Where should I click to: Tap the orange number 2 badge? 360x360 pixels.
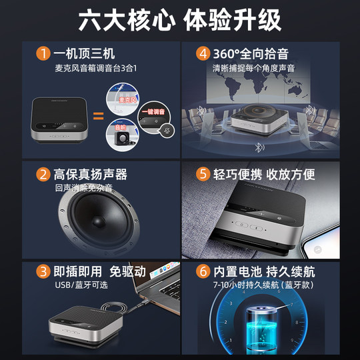pyautogui.click(x=43, y=175)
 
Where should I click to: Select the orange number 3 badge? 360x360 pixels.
pyautogui.click(x=43, y=272)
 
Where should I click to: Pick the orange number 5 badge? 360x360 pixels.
pyautogui.click(x=202, y=175)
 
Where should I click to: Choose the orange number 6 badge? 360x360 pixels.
pyautogui.click(x=202, y=272)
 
